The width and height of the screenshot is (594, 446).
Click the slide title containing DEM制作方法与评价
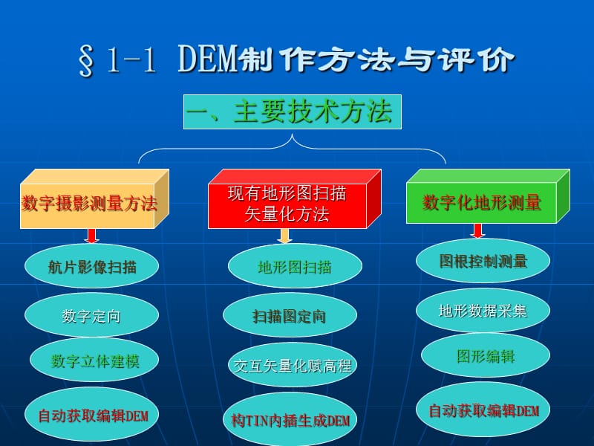(x=296, y=60)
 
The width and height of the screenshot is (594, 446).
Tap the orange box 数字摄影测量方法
(x=89, y=204)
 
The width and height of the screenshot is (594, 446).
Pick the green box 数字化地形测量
(x=482, y=202)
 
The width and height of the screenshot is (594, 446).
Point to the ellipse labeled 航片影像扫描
(x=92, y=266)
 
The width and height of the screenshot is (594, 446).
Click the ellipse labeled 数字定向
(x=91, y=316)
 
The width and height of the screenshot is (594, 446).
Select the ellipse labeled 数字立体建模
(x=95, y=361)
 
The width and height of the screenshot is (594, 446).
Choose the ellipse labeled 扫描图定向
(x=289, y=316)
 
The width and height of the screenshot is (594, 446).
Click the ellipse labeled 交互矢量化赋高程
(x=293, y=365)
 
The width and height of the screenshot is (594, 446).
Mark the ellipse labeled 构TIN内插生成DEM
(x=290, y=419)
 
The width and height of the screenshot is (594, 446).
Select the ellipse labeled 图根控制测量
(x=483, y=261)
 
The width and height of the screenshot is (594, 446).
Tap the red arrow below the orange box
(x=92, y=236)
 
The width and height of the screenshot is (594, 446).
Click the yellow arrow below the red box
(x=284, y=236)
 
